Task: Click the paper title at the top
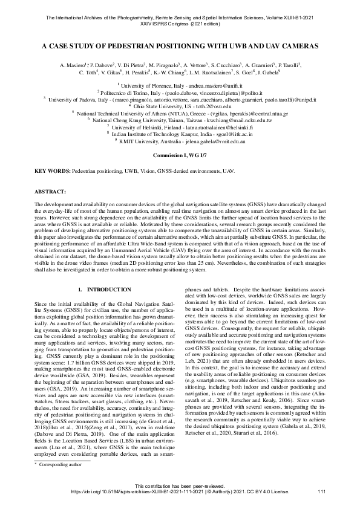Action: pos(180,45)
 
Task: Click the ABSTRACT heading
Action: pos(51,191)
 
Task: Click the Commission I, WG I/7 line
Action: pos(180,155)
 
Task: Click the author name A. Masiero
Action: pos(73,64)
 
